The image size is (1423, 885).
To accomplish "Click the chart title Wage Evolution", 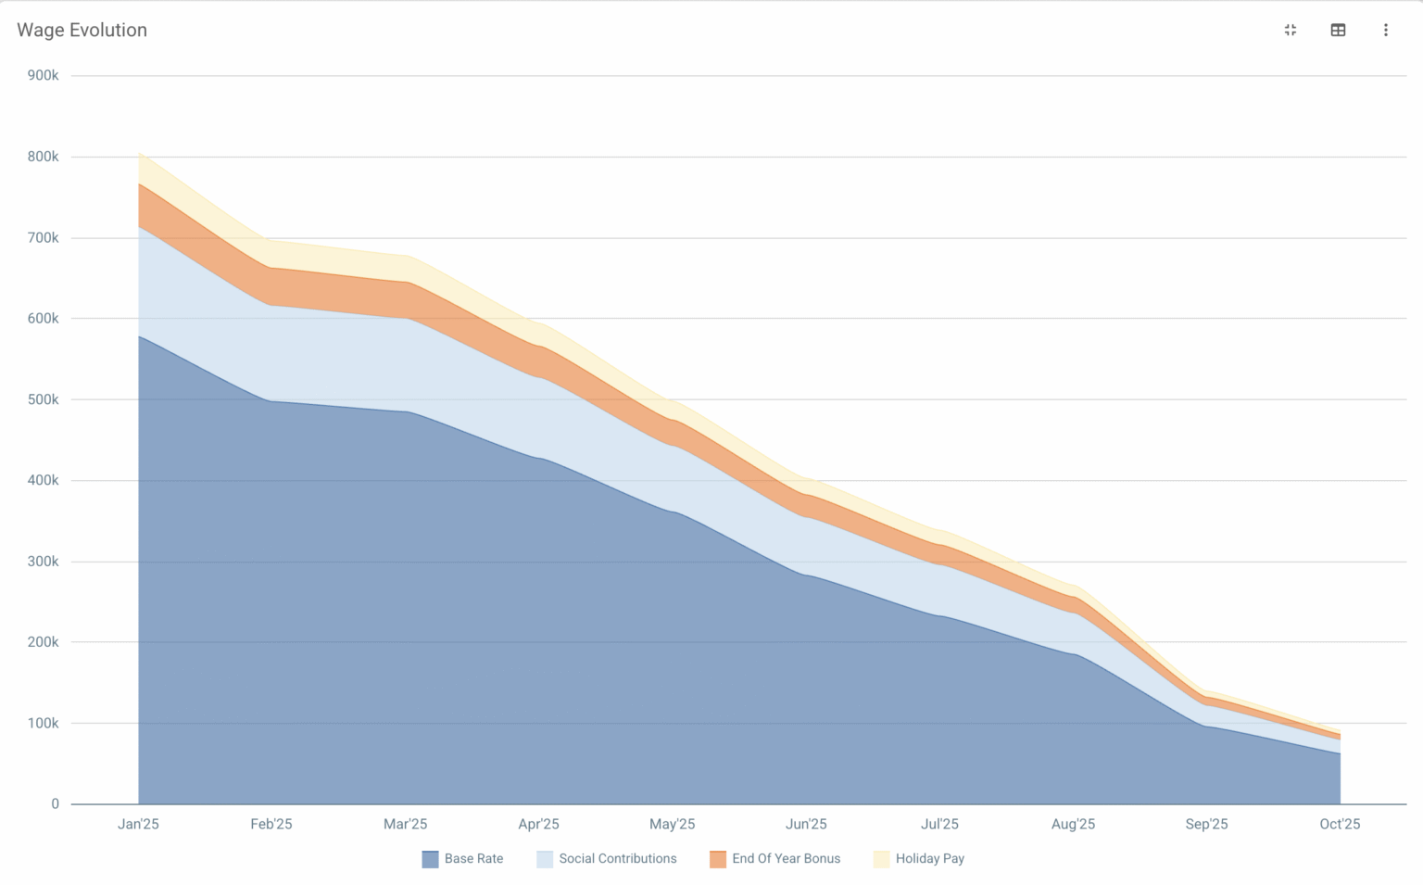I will point(82,30).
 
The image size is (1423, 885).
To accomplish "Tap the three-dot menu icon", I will point(1385,30).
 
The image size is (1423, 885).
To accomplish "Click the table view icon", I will point(1338,30).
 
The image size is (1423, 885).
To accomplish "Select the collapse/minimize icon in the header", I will point(1290,30).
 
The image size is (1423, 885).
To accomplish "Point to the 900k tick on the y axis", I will point(43,75).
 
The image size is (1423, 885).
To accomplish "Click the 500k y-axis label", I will point(43,399).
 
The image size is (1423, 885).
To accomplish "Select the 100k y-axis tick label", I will point(43,723).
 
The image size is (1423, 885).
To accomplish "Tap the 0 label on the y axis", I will point(55,803).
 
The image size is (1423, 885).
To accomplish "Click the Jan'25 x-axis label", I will point(138,824).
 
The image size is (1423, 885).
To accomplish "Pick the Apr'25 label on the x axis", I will point(538,824).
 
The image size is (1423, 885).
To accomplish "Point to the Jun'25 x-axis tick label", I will point(805,824).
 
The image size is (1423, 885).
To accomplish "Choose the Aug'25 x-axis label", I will point(1073,824).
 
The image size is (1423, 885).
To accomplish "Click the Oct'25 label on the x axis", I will point(1340,824).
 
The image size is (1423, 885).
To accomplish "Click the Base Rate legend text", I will point(473,858).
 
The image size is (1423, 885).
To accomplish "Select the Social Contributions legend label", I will point(617,858).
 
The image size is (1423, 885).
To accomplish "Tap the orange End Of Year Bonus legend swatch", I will point(718,859).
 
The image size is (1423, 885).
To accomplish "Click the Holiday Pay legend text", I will point(929,858).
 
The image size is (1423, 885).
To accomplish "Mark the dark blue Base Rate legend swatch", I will point(430,859).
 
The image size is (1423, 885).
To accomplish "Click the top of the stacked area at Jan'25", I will point(139,153).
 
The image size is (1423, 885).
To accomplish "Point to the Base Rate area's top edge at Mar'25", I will point(406,411).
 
